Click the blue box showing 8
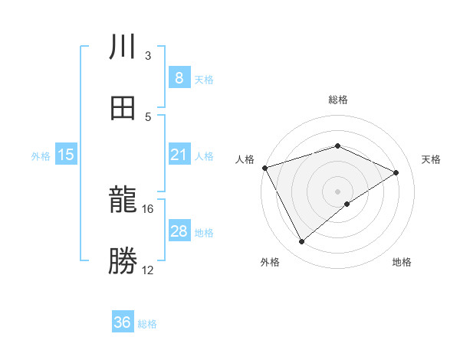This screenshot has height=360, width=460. coord(179,78)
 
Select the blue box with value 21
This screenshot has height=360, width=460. coord(179,155)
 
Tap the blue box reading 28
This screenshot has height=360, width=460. coord(179,231)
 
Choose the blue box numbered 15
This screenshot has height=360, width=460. coord(66,155)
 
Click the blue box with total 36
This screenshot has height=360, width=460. coord(122,322)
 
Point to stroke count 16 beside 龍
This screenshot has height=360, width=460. coord(148,209)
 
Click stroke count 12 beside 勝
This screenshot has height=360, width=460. coord(148,270)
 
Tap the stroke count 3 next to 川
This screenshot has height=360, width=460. coord(148,56)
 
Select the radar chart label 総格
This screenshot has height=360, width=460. coord(337,100)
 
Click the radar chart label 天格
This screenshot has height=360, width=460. coord(431,159)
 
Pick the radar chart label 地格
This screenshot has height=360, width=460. coord(402,263)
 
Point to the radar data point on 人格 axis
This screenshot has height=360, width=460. coord(264,168)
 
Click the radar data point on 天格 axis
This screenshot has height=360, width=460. coord(396,172)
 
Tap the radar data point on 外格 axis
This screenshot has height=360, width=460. coord(302,242)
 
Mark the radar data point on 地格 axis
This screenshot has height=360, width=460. coord(347,204)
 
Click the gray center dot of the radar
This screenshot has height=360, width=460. coord(337,191)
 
